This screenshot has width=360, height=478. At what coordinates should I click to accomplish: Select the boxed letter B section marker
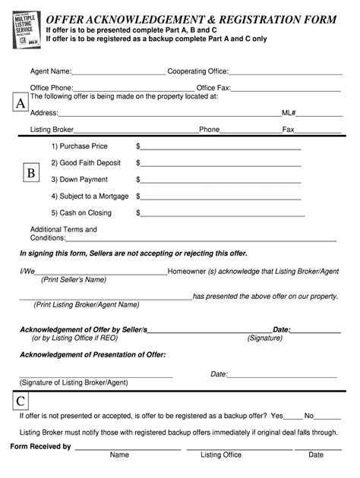pos(31,174)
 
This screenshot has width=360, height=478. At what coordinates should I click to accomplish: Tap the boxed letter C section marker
pos(21,401)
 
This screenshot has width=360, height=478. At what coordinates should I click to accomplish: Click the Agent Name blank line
pos(118,73)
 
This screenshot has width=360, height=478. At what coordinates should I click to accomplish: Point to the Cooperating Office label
pos(197,71)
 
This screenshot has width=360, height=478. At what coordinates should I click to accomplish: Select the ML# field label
pos(289,113)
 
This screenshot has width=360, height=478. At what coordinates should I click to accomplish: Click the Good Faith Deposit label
pos(85,162)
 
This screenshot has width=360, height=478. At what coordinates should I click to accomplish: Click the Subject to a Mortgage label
pos(90,196)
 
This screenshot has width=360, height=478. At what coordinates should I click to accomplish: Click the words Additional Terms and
pos(64,229)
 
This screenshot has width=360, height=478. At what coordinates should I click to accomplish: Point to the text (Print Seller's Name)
pos(74,279)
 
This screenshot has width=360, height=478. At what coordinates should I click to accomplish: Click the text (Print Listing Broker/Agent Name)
pos(87,304)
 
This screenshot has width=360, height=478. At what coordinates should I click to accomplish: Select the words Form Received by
pos(40,447)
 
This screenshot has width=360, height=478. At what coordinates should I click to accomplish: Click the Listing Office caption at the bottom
pos(221,455)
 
